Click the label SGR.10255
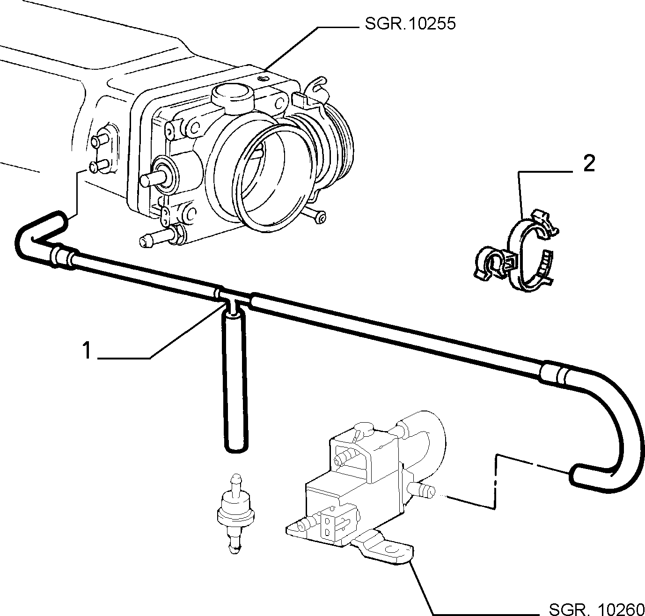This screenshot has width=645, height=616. (x=410, y=24)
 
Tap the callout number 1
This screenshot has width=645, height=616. (x=87, y=351)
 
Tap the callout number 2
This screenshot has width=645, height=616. (x=589, y=163)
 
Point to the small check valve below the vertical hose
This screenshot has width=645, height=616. (x=235, y=514)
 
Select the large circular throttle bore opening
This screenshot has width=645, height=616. (x=265, y=179)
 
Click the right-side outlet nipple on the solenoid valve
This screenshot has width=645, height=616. (x=421, y=489)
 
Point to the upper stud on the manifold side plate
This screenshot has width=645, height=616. (x=98, y=141)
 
